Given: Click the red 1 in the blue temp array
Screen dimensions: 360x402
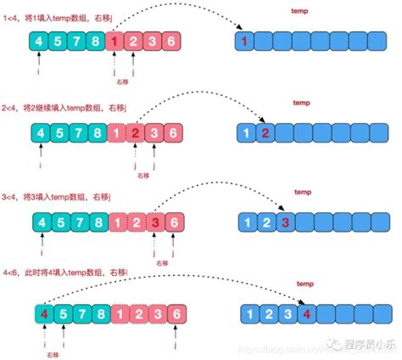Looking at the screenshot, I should tap(244, 41).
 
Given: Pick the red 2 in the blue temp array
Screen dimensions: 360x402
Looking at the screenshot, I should tap(265, 132).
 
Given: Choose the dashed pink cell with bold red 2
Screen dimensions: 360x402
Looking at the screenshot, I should tap(136, 132).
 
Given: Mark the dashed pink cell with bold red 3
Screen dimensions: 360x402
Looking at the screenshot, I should tap(155, 222).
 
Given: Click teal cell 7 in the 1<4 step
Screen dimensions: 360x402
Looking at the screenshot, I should tap(78, 41).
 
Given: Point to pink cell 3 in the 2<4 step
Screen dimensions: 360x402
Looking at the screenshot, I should tap(155, 132).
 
